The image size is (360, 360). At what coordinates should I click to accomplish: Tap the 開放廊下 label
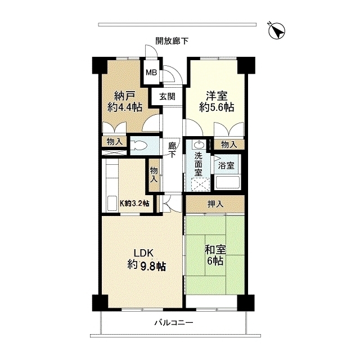click(172, 40)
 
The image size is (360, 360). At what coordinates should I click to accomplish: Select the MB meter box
click(151, 72)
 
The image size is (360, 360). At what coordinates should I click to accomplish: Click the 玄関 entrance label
click(167, 96)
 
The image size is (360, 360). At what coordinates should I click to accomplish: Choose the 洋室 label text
click(217, 95)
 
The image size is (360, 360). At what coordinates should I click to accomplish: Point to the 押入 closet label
click(216, 204)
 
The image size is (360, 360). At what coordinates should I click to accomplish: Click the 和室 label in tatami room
click(214, 250)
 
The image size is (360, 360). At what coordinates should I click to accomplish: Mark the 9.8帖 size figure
click(154, 265)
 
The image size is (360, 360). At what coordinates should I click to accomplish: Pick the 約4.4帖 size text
click(125, 107)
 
